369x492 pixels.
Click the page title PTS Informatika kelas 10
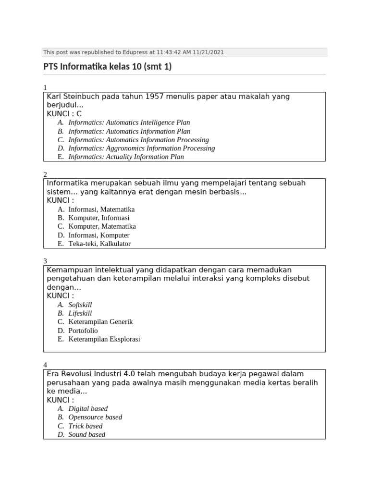pos(107,67)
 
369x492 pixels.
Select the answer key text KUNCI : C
pos(64,114)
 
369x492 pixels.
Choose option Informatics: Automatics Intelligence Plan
pos(129,123)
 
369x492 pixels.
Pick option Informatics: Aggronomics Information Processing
pos(141,148)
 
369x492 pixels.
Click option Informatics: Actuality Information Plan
pos(126,157)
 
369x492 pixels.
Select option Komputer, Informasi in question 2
pos(98,218)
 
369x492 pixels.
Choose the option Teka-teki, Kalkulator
pos(99,244)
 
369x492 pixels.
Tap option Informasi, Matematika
pos(101,209)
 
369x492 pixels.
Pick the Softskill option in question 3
pos(80,305)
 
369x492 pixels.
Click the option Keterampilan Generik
pos(100,322)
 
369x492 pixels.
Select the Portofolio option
pos(83,331)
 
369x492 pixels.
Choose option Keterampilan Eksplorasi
pos(104,339)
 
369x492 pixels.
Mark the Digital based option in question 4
pos(88,409)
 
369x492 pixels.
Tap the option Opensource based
pos(95,417)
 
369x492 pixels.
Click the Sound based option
pos(86,434)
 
